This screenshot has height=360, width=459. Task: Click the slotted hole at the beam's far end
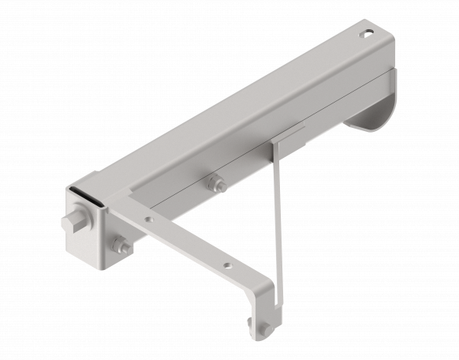pos(367,34)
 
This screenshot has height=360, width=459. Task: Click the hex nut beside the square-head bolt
pos(121,246)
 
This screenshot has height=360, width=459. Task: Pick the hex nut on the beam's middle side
pos(216,185)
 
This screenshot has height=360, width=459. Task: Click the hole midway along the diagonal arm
pos(226,266)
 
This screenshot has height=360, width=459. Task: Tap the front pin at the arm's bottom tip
pos(267,328)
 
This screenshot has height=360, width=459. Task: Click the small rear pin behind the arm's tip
pos(251,324)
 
